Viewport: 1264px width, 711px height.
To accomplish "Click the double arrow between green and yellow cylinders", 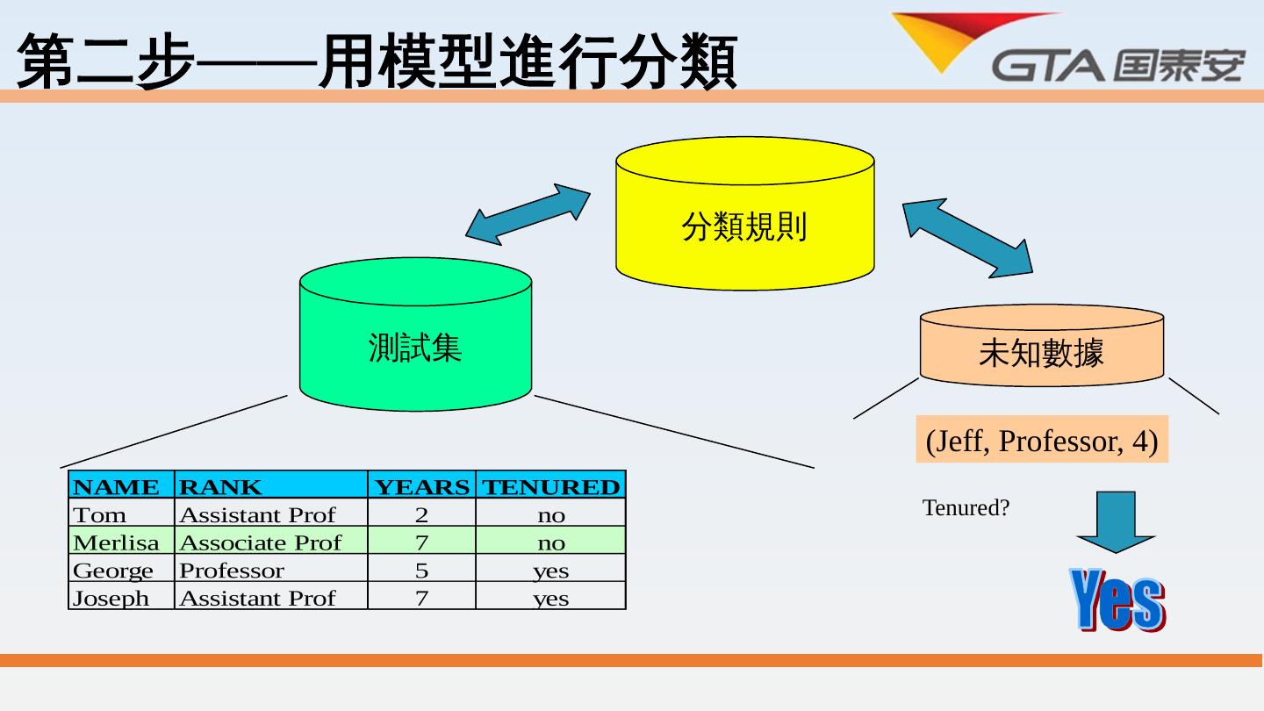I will point(528,214).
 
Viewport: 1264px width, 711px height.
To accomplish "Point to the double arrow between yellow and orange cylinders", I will point(967,238).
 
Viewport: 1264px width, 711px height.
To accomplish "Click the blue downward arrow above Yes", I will point(1116,521).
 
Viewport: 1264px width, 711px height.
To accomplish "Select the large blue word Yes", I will point(1117,600).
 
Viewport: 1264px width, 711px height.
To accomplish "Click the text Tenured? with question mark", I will point(966,508).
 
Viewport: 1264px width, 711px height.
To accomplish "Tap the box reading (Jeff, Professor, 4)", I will point(1042,440).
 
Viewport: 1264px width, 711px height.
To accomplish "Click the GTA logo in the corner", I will point(1066,48).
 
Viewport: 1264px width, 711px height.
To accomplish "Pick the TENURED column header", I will point(550,485).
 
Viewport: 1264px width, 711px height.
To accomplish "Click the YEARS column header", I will point(421,485).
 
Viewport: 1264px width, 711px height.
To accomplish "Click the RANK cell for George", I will point(270,570).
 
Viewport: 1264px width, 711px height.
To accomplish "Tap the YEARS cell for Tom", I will point(421,513).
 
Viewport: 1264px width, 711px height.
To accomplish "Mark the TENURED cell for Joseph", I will point(550,598).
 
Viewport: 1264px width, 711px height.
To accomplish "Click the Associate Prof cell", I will point(270,542).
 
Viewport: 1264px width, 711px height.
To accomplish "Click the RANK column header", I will point(270,485).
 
